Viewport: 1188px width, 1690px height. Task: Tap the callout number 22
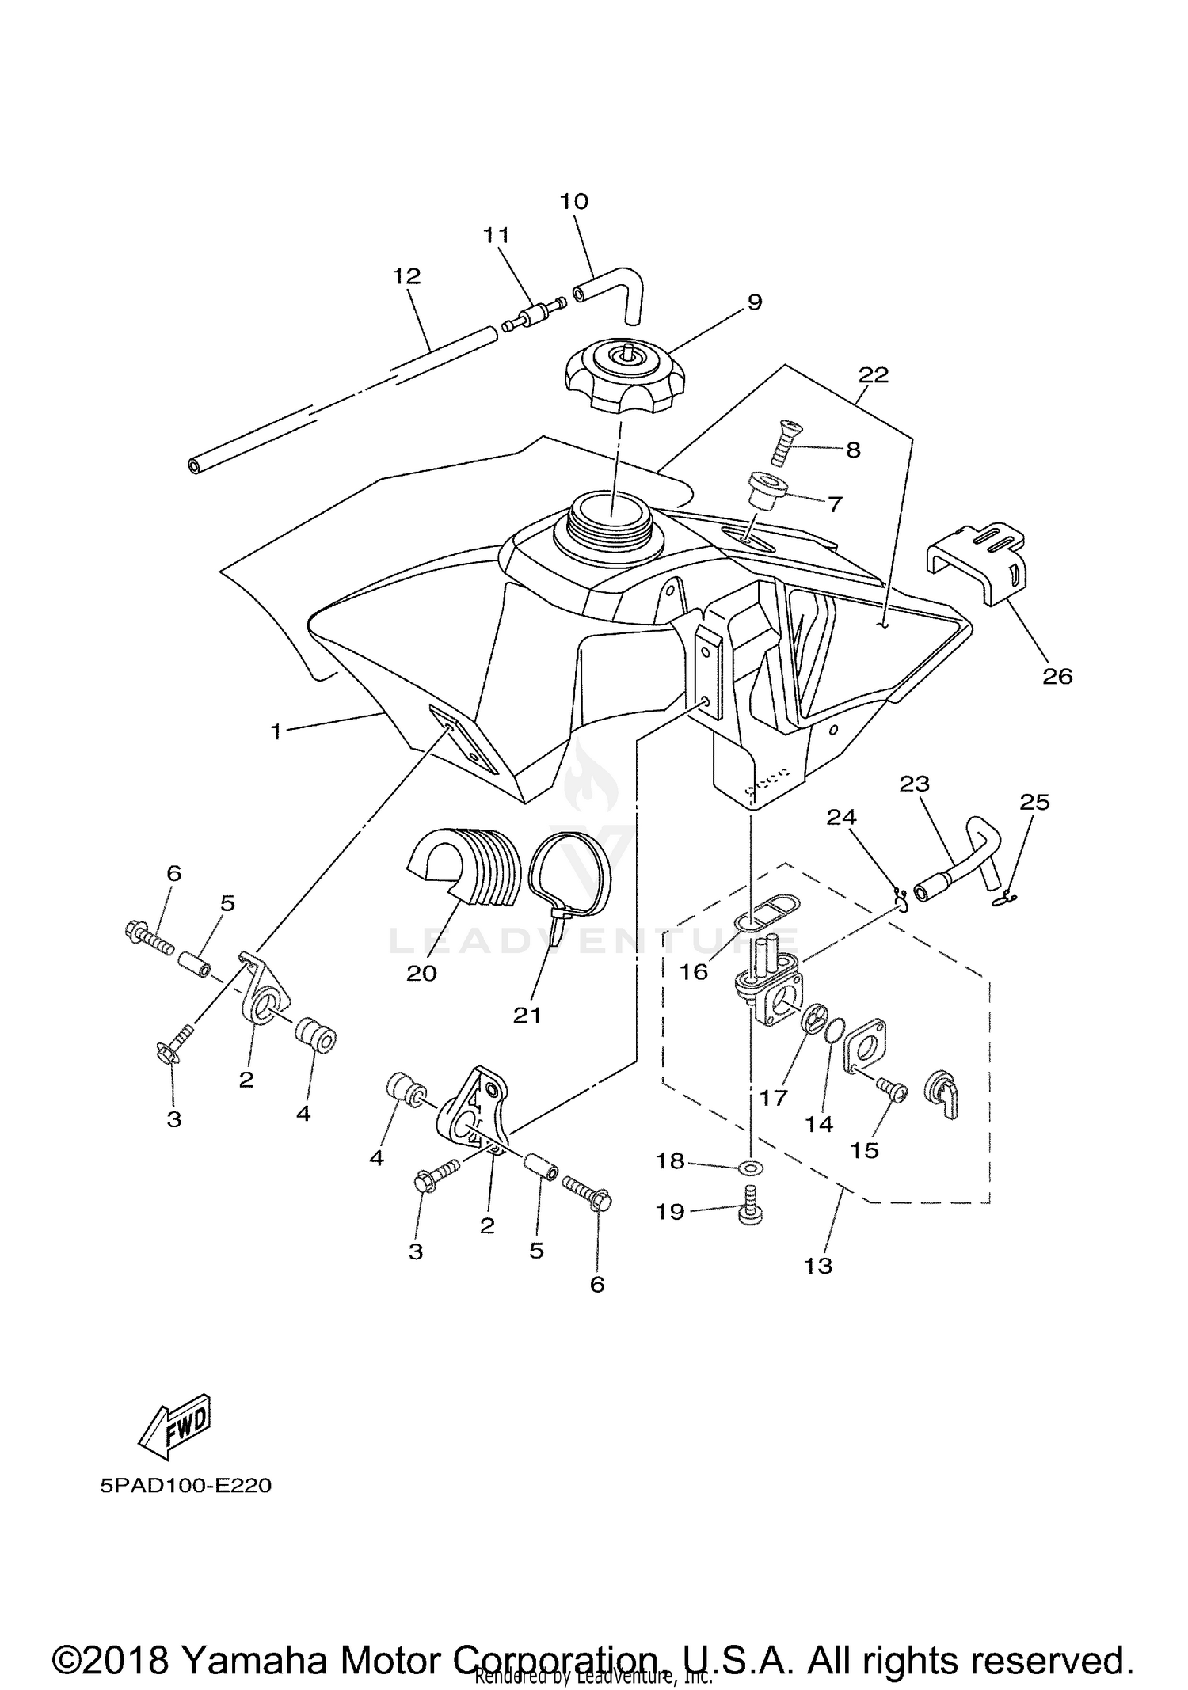874,375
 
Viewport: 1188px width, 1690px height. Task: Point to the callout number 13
818,1266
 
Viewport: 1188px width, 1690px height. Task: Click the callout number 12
406,276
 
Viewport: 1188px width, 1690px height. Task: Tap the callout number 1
276,732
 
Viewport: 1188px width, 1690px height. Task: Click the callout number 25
1034,802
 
